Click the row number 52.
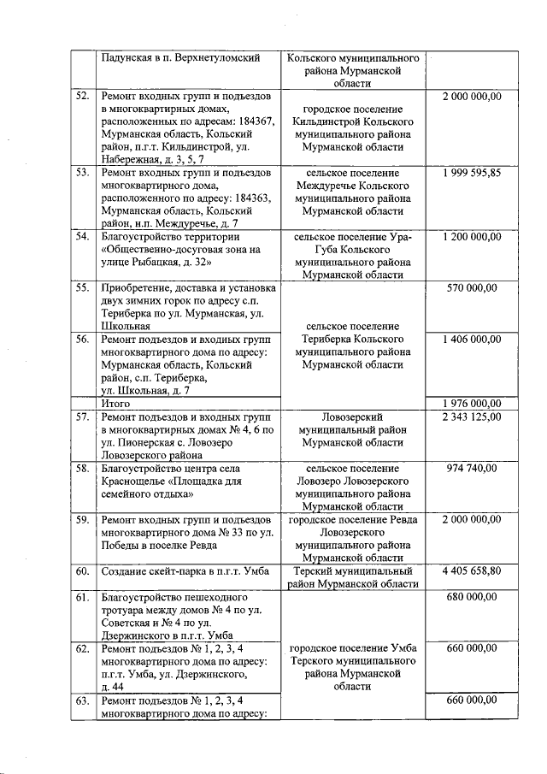tap(83, 97)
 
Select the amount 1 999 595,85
tap(472, 173)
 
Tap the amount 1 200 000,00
tap(472, 236)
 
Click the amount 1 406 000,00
tap(472, 340)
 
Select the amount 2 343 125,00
tap(472, 417)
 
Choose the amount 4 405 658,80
tap(472, 570)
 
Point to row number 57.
tap(83, 417)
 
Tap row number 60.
tap(83, 570)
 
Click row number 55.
tap(83, 288)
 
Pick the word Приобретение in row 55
tap(137, 288)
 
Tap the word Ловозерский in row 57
tap(353, 417)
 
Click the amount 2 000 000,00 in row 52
tap(472, 97)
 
